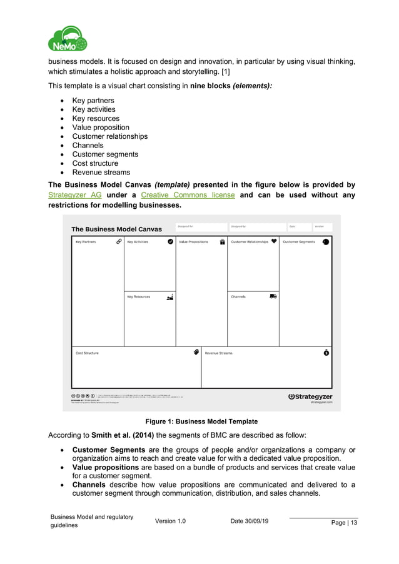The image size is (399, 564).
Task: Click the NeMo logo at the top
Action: pos(67,39)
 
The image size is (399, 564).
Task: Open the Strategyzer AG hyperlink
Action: pos(74,194)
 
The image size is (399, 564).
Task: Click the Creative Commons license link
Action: pos(188,194)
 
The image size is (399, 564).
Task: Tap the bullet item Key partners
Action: pos(93,101)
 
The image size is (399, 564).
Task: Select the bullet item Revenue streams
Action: pos(101,173)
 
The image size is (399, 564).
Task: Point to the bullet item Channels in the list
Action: pos(88,146)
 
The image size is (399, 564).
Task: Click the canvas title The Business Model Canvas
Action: pos(116,229)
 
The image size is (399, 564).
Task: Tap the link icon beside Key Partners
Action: pos(119,241)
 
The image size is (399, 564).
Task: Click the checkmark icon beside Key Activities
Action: pos(170,241)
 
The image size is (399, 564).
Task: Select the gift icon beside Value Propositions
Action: pos(222,241)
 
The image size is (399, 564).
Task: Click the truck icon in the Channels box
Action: pos(273,296)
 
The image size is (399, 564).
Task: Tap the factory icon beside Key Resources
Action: pos(169,296)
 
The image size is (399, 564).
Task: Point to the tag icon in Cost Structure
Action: pos(196,352)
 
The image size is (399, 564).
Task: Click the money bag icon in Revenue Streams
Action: pos(326,353)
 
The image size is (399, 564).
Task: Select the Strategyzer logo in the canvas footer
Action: pos(310,396)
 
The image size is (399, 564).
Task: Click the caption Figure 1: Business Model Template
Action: pos(199,421)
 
